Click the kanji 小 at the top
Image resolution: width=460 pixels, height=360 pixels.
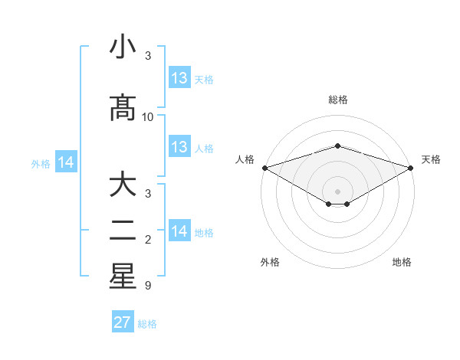pyautogui.click(x=123, y=47)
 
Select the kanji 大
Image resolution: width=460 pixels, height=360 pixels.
pyautogui.click(x=123, y=186)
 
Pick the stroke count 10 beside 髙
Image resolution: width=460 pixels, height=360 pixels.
pyautogui.click(x=148, y=117)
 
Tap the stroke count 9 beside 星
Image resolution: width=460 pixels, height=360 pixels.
pyautogui.click(x=148, y=286)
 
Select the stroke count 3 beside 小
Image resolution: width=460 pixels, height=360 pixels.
pyautogui.click(x=148, y=56)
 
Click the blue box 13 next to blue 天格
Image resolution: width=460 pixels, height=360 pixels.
pyautogui.click(x=179, y=78)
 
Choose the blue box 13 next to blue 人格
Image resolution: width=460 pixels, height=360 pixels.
pyautogui.click(x=179, y=147)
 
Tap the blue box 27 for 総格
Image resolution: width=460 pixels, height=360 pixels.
pyautogui.click(x=123, y=322)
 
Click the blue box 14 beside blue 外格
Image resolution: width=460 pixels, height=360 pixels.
pyautogui.click(x=66, y=162)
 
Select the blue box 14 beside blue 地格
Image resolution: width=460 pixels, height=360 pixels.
pyautogui.click(x=179, y=231)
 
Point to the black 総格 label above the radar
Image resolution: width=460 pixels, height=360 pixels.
pyautogui.click(x=338, y=100)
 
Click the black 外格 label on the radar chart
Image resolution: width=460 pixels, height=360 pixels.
pyautogui.click(x=270, y=262)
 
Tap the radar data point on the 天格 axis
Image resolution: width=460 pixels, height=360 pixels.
pyautogui.click(x=412, y=168)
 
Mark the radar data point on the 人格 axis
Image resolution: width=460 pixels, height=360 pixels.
pyautogui.click(x=264, y=168)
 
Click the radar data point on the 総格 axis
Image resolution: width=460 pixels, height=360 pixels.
pyautogui.click(x=338, y=146)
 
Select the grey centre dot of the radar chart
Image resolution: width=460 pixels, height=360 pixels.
pyautogui.click(x=338, y=190)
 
